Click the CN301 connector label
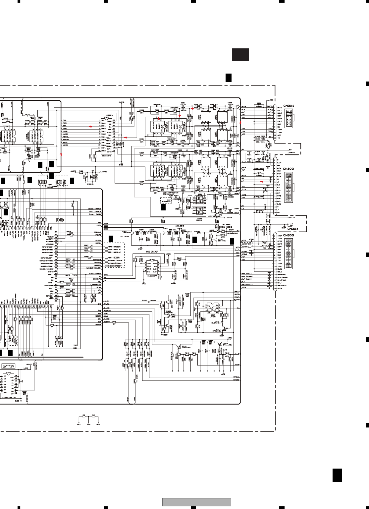(289, 106)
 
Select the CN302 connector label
(289, 169)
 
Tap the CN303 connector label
(289, 235)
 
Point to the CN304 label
(293, 229)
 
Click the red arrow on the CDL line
(90, 127)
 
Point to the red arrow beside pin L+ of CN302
(262, 182)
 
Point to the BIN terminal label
(88, 424)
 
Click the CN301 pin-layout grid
(289, 118)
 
